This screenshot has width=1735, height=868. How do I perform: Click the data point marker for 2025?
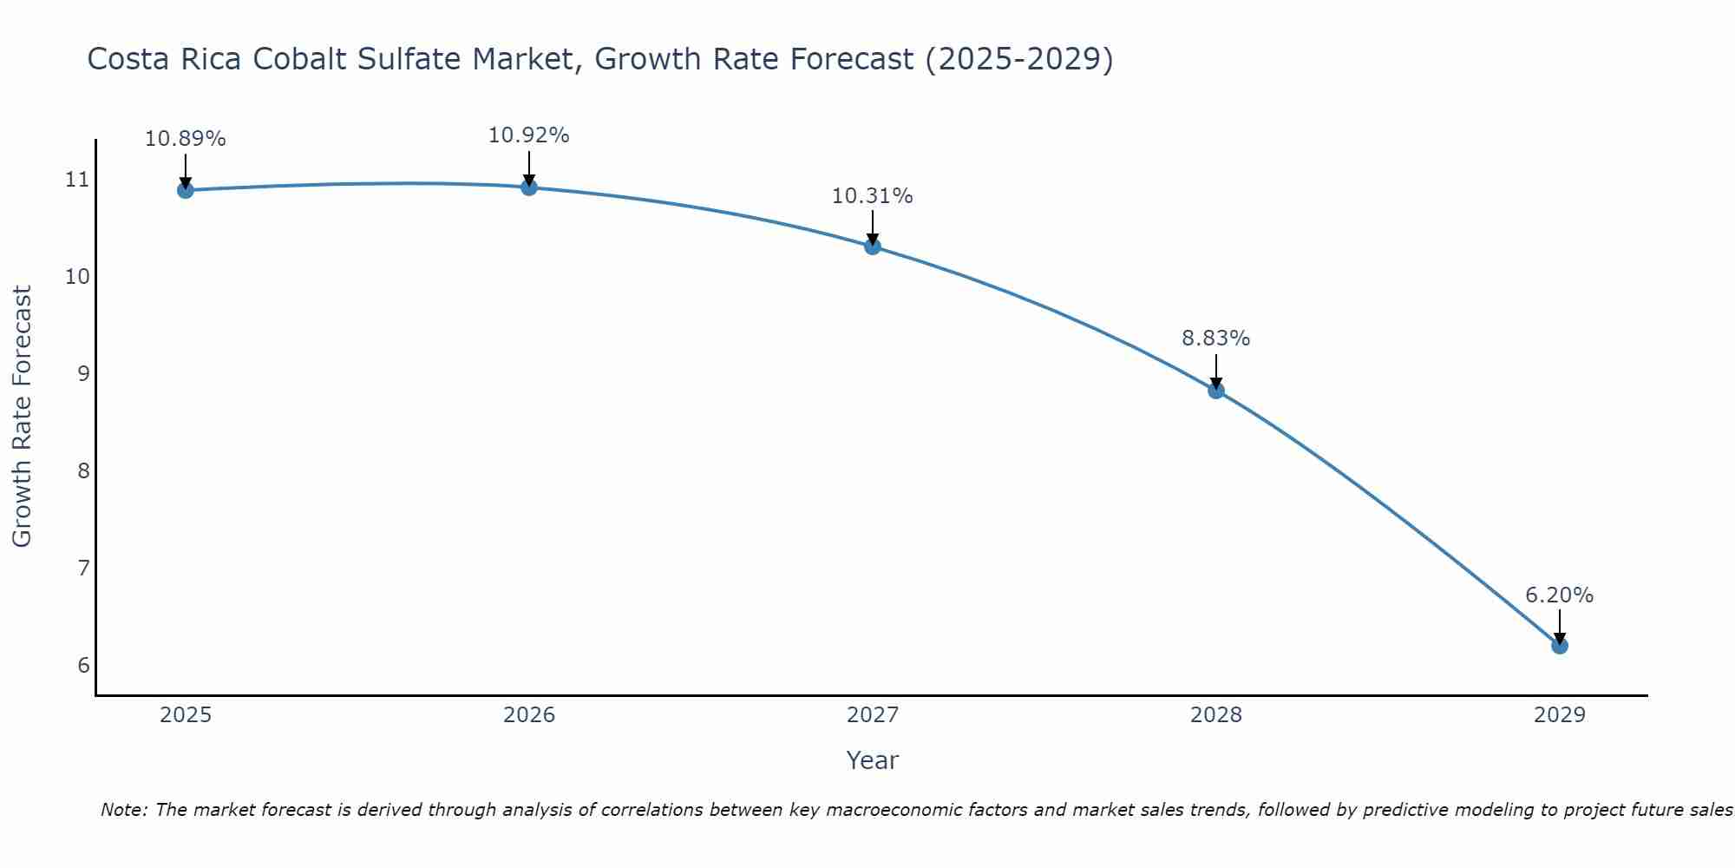tap(185, 190)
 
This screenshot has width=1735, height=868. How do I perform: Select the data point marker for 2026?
tap(529, 187)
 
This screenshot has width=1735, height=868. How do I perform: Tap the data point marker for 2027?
tap(873, 247)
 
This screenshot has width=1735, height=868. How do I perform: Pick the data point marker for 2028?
tap(1216, 391)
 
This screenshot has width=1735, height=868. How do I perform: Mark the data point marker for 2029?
tap(1559, 646)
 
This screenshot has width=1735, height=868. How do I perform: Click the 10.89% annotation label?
tap(185, 139)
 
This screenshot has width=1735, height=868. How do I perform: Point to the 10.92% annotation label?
tap(529, 135)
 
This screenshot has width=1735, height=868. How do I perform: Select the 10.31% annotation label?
tap(873, 196)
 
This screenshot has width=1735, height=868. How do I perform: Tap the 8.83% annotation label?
tap(1216, 339)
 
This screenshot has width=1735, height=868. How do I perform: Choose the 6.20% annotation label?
tap(1559, 595)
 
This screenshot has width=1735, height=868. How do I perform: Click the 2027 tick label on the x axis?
tap(873, 715)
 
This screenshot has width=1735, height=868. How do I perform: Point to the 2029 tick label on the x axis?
tap(1559, 715)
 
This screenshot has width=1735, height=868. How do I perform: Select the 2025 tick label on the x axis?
tap(186, 715)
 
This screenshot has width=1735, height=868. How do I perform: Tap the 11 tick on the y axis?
tap(77, 180)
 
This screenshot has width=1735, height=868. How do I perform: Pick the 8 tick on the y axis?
tap(83, 471)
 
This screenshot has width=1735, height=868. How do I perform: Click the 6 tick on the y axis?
tap(83, 666)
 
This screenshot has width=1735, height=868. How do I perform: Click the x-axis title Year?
tap(873, 760)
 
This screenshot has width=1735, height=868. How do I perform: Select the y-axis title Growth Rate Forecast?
tap(23, 417)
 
